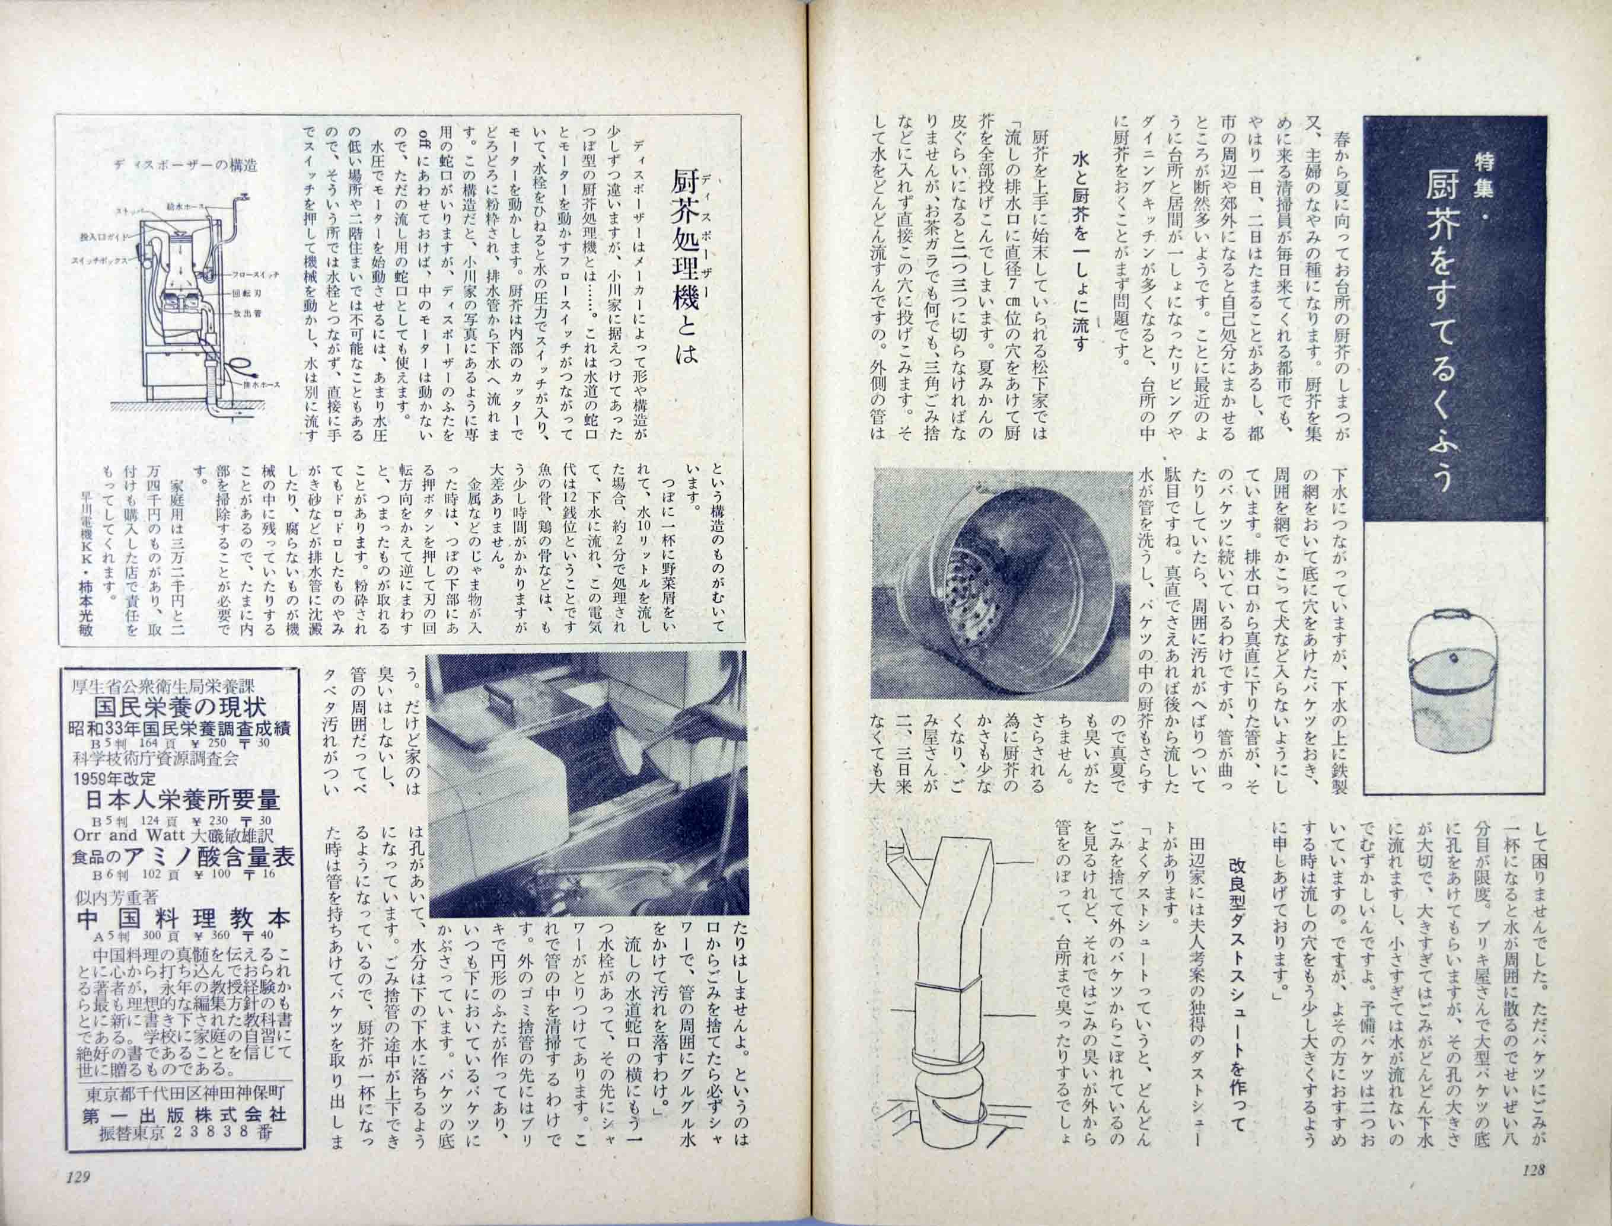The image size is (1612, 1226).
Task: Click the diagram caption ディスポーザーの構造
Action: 186,165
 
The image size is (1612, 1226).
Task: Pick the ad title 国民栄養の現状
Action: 179,707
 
